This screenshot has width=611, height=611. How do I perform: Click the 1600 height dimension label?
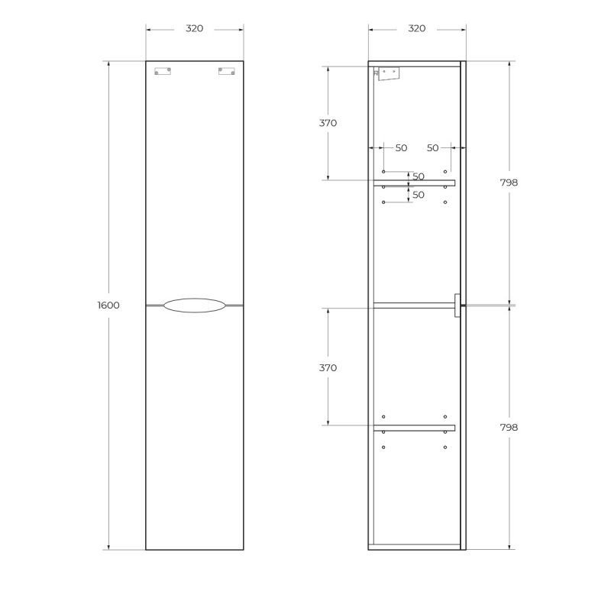108,305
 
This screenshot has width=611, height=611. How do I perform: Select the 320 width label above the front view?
195,29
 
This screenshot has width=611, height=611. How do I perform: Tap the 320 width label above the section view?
417,29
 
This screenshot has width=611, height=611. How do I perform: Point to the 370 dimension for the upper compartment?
328,123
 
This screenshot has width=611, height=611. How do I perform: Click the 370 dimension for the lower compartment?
328,368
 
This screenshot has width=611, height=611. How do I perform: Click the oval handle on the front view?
195,305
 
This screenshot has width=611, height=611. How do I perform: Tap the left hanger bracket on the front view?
163,72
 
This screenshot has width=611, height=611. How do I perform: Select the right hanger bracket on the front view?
226,72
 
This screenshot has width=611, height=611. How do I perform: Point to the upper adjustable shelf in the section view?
414,183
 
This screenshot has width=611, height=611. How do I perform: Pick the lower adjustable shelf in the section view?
414,428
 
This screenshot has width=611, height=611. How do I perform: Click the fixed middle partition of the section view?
412,305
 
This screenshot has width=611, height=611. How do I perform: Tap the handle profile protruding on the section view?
456,305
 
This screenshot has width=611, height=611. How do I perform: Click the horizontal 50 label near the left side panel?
401,148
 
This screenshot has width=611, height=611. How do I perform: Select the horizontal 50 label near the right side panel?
433,148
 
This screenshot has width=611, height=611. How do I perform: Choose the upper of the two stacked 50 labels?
418,177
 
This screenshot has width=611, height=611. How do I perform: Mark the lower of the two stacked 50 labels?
418,196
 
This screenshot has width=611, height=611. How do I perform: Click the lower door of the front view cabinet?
195,428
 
